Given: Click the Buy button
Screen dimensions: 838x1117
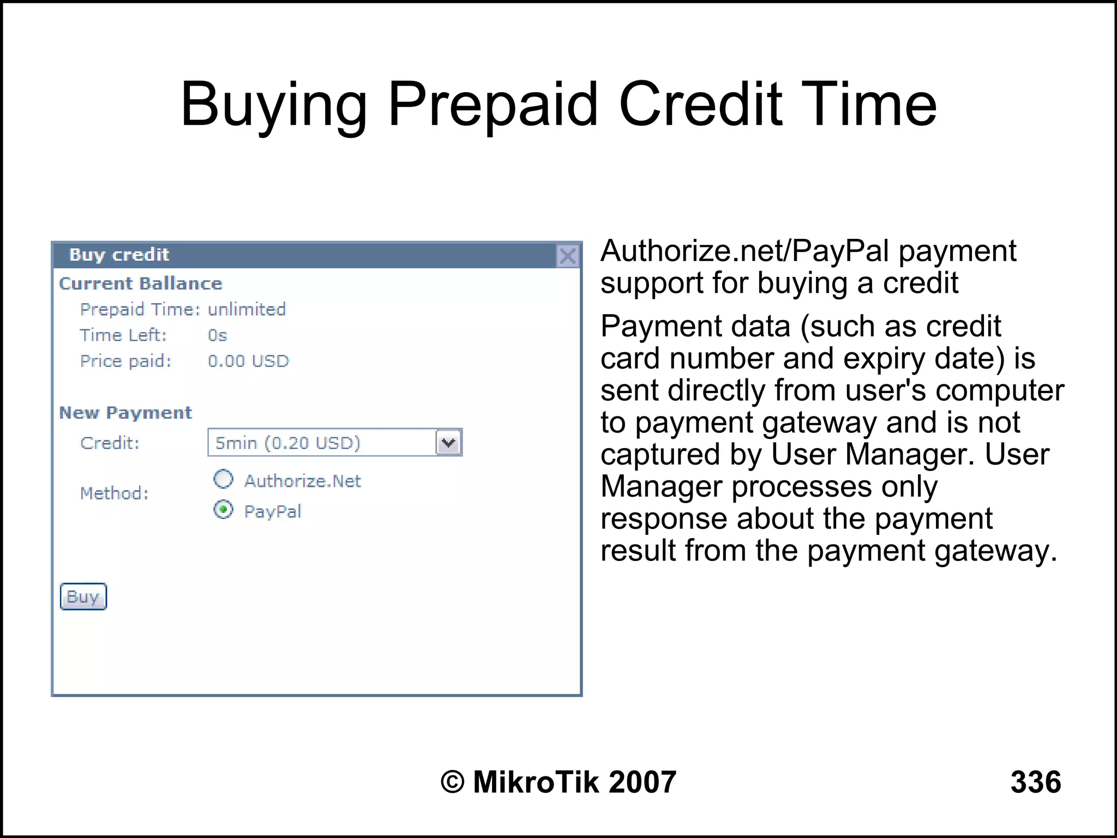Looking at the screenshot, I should click(83, 596).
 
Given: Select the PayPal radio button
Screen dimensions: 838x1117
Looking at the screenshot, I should click(223, 510).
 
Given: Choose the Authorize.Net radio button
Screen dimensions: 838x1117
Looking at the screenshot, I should click(223, 479).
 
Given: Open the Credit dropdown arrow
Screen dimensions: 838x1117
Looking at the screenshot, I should click(449, 442).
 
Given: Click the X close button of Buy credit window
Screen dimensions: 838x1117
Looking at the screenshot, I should click(568, 256).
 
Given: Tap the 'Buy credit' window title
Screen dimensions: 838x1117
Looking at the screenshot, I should click(119, 255).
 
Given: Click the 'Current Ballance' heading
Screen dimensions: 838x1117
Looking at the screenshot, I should click(141, 284).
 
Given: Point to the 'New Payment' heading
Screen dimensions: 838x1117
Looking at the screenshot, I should click(125, 413).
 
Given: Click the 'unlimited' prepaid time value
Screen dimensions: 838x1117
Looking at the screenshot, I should click(247, 309).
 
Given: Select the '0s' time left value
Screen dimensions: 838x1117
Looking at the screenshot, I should click(217, 335).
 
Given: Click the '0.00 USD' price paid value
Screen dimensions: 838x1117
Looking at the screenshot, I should click(248, 361).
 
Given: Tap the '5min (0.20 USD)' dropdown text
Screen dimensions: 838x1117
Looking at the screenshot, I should click(288, 443).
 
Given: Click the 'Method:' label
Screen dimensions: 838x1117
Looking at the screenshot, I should click(114, 493).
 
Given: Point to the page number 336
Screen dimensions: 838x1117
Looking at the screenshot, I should click(1035, 782).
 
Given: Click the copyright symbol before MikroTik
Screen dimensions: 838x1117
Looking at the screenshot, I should click(452, 782).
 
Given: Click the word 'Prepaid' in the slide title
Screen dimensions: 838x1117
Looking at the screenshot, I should click(493, 105).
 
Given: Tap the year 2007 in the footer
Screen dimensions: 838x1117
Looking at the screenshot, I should click(642, 782).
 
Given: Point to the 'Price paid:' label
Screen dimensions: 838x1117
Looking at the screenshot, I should click(126, 361).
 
